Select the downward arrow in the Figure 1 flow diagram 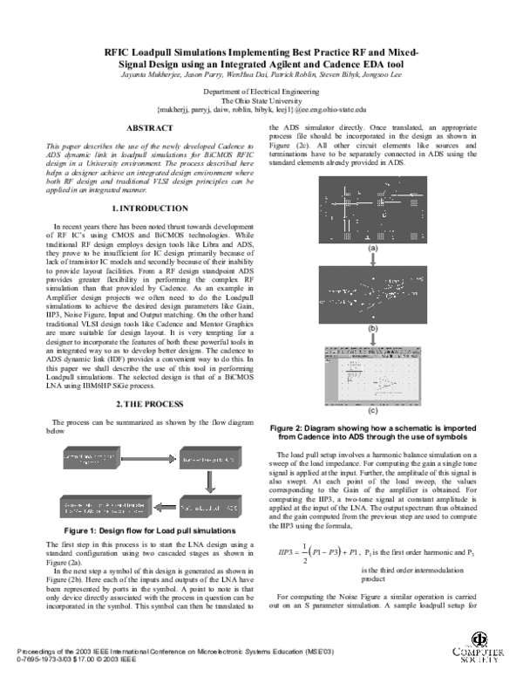pyautogui.click(x=207, y=482)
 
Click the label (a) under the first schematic pyautogui.click(x=373, y=249)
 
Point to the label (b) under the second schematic pyautogui.click(x=373, y=329)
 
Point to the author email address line pyautogui.click(x=261, y=110)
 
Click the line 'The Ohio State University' pyautogui.click(x=261, y=100)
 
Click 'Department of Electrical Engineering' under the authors pyautogui.click(x=261, y=91)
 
